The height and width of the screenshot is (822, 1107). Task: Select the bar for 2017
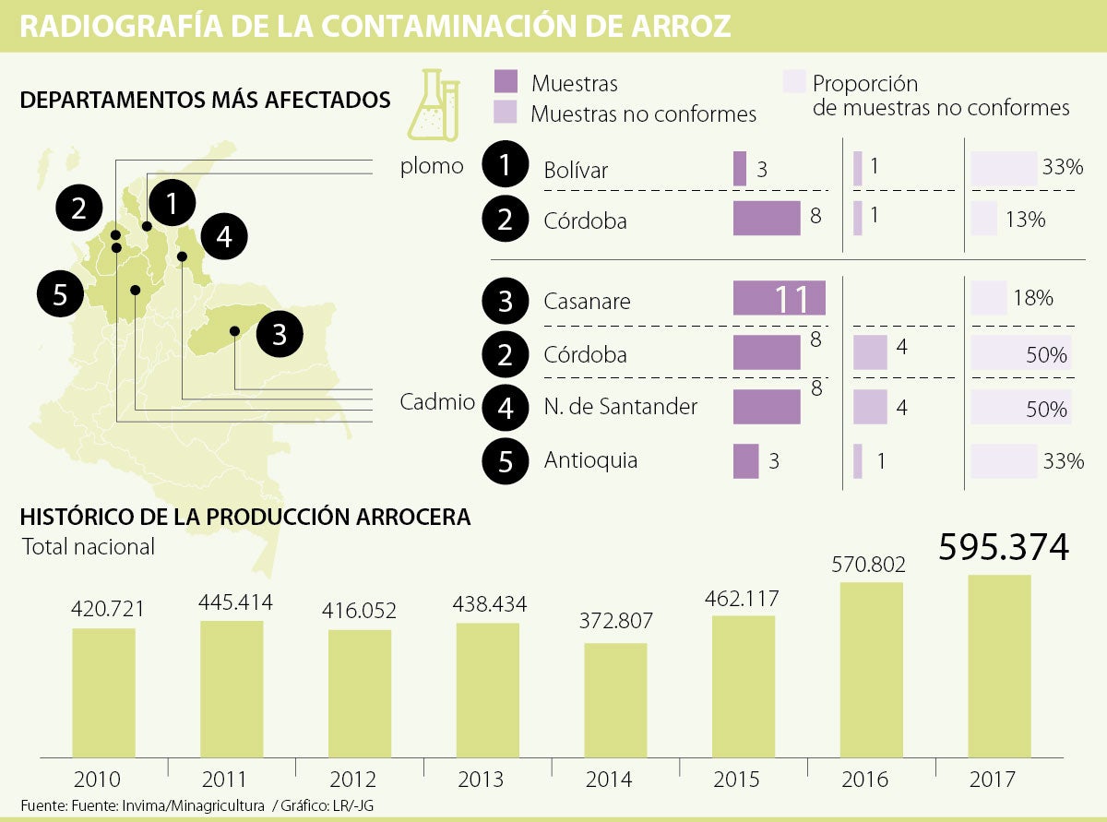tap(999, 664)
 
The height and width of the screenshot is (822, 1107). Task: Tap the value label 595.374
tap(1004, 547)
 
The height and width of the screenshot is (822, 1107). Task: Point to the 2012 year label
tap(360, 780)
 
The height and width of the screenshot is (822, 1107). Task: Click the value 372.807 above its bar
tap(615, 621)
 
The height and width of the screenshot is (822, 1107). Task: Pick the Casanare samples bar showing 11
tap(779, 300)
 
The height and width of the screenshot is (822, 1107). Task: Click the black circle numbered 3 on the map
tap(280, 334)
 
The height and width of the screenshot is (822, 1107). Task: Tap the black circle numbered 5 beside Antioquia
tap(506, 459)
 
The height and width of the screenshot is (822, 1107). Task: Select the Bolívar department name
tap(576, 170)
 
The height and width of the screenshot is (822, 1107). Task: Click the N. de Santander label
tap(620, 406)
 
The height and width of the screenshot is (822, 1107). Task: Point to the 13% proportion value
tap(1026, 220)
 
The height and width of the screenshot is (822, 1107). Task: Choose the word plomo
tap(431, 167)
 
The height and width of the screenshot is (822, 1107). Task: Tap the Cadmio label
tap(437, 401)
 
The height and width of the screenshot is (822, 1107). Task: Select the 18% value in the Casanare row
tap(1033, 298)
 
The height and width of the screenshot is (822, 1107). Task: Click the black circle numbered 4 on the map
tap(224, 237)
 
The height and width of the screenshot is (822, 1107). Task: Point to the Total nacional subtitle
tap(88, 546)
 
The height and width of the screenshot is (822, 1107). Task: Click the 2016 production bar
tap(871, 669)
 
